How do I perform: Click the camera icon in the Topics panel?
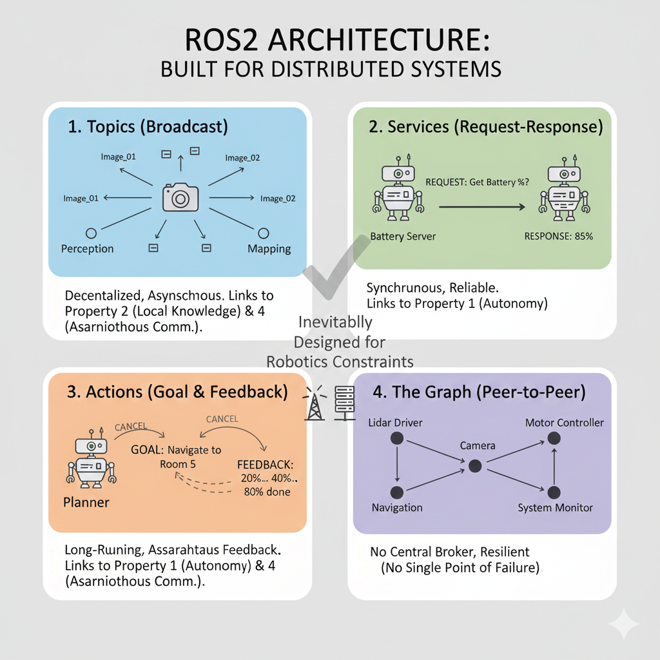tap(180, 197)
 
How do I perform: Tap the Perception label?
tap(87, 249)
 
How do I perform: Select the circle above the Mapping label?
tap(263, 233)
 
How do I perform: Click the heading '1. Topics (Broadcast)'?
tap(148, 126)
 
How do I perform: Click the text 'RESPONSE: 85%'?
tap(558, 236)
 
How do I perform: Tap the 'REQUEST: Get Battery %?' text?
tap(478, 182)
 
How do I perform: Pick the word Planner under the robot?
tap(86, 502)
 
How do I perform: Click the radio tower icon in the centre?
tap(315, 404)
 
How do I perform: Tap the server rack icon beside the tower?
tap(343, 403)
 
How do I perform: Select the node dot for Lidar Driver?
tap(397, 438)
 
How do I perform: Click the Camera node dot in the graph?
tap(475, 465)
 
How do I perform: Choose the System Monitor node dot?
tap(554, 492)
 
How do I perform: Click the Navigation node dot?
tap(397, 492)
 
